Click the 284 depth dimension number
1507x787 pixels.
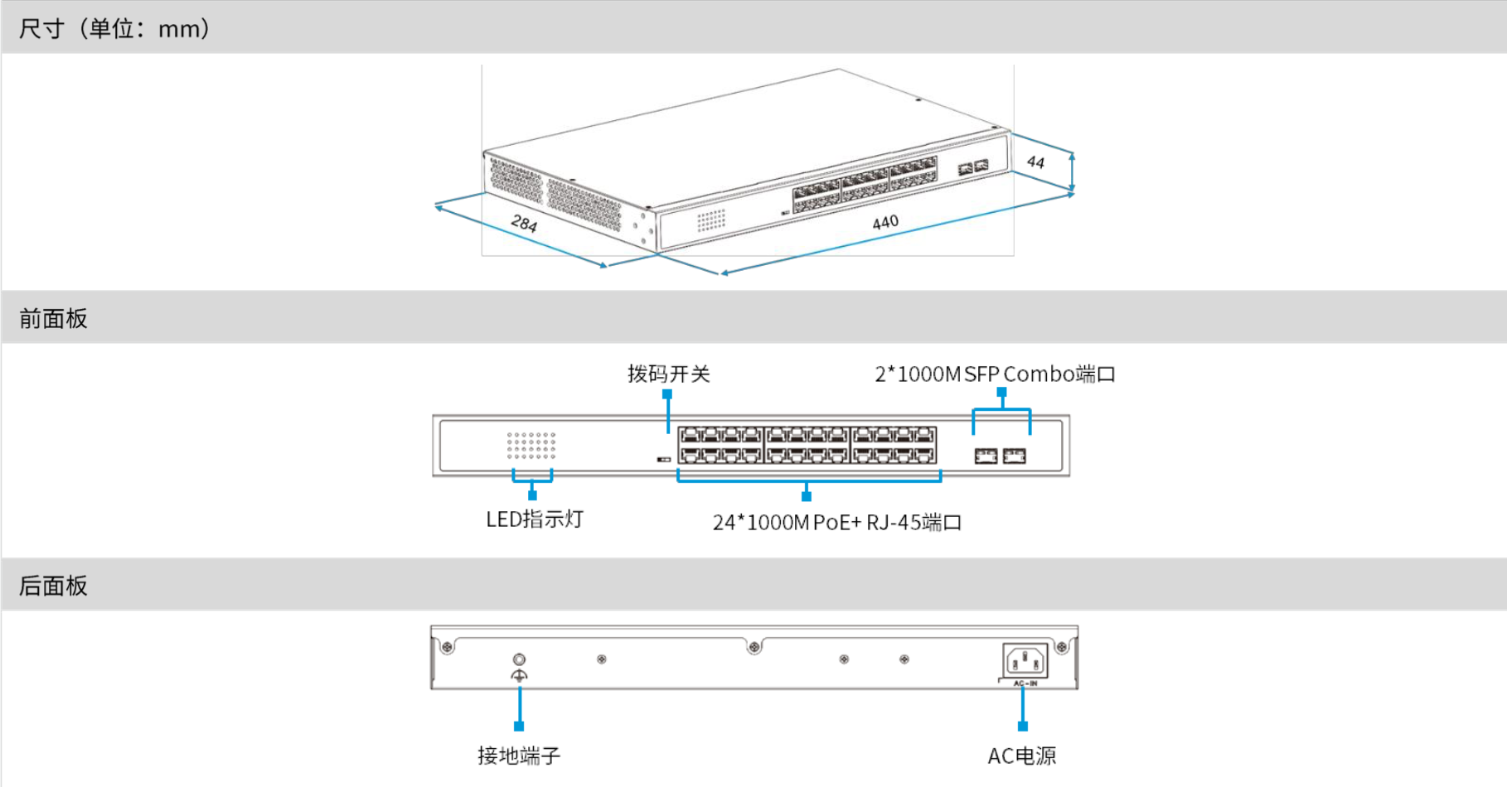pyautogui.click(x=524, y=223)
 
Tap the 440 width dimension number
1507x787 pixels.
pyautogui.click(x=885, y=222)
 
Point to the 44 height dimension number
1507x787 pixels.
pyautogui.click(x=1035, y=162)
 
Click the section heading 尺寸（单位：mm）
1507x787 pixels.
pyautogui.click(x=114, y=29)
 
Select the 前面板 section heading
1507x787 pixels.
pyautogui.click(x=53, y=319)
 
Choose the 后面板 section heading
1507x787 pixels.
pyautogui.click(x=53, y=586)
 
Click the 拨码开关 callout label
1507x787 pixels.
pyautogui.click(x=668, y=374)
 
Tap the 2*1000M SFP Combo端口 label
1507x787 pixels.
pyautogui.click(x=995, y=374)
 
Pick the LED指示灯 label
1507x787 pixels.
pyautogui.click(x=535, y=519)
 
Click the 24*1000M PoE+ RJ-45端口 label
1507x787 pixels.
pyautogui.click(x=836, y=523)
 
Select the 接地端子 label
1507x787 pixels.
pyautogui.click(x=519, y=756)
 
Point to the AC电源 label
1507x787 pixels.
pyautogui.click(x=1022, y=756)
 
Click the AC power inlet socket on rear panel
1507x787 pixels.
pyautogui.click(x=1025, y=661)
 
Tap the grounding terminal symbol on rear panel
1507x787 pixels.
pyautogui.click(x=519, y=667)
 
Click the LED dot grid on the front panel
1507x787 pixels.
pyautogui.click(x=531, y=446)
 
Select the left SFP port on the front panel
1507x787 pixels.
pyautogui.click(x=986, y=456)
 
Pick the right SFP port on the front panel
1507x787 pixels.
pyautogui.click(x=1015, y=456)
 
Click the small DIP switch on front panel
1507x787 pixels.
pyautogui.click(x=663, y=459)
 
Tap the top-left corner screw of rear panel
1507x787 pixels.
pyautogui.click(x=447, y=646)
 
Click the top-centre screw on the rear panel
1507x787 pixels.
pyautogui.click(x=754, y=647)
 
